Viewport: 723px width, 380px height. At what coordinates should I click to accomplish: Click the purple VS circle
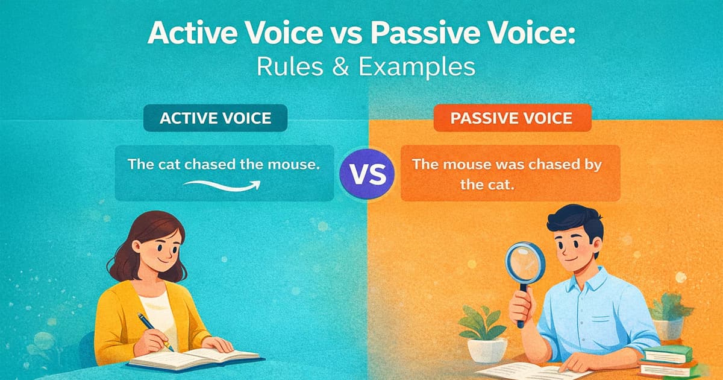(367, 173)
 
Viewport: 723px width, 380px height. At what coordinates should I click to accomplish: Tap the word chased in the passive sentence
(542, 164)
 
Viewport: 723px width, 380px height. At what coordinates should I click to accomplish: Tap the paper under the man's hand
(530, 370)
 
